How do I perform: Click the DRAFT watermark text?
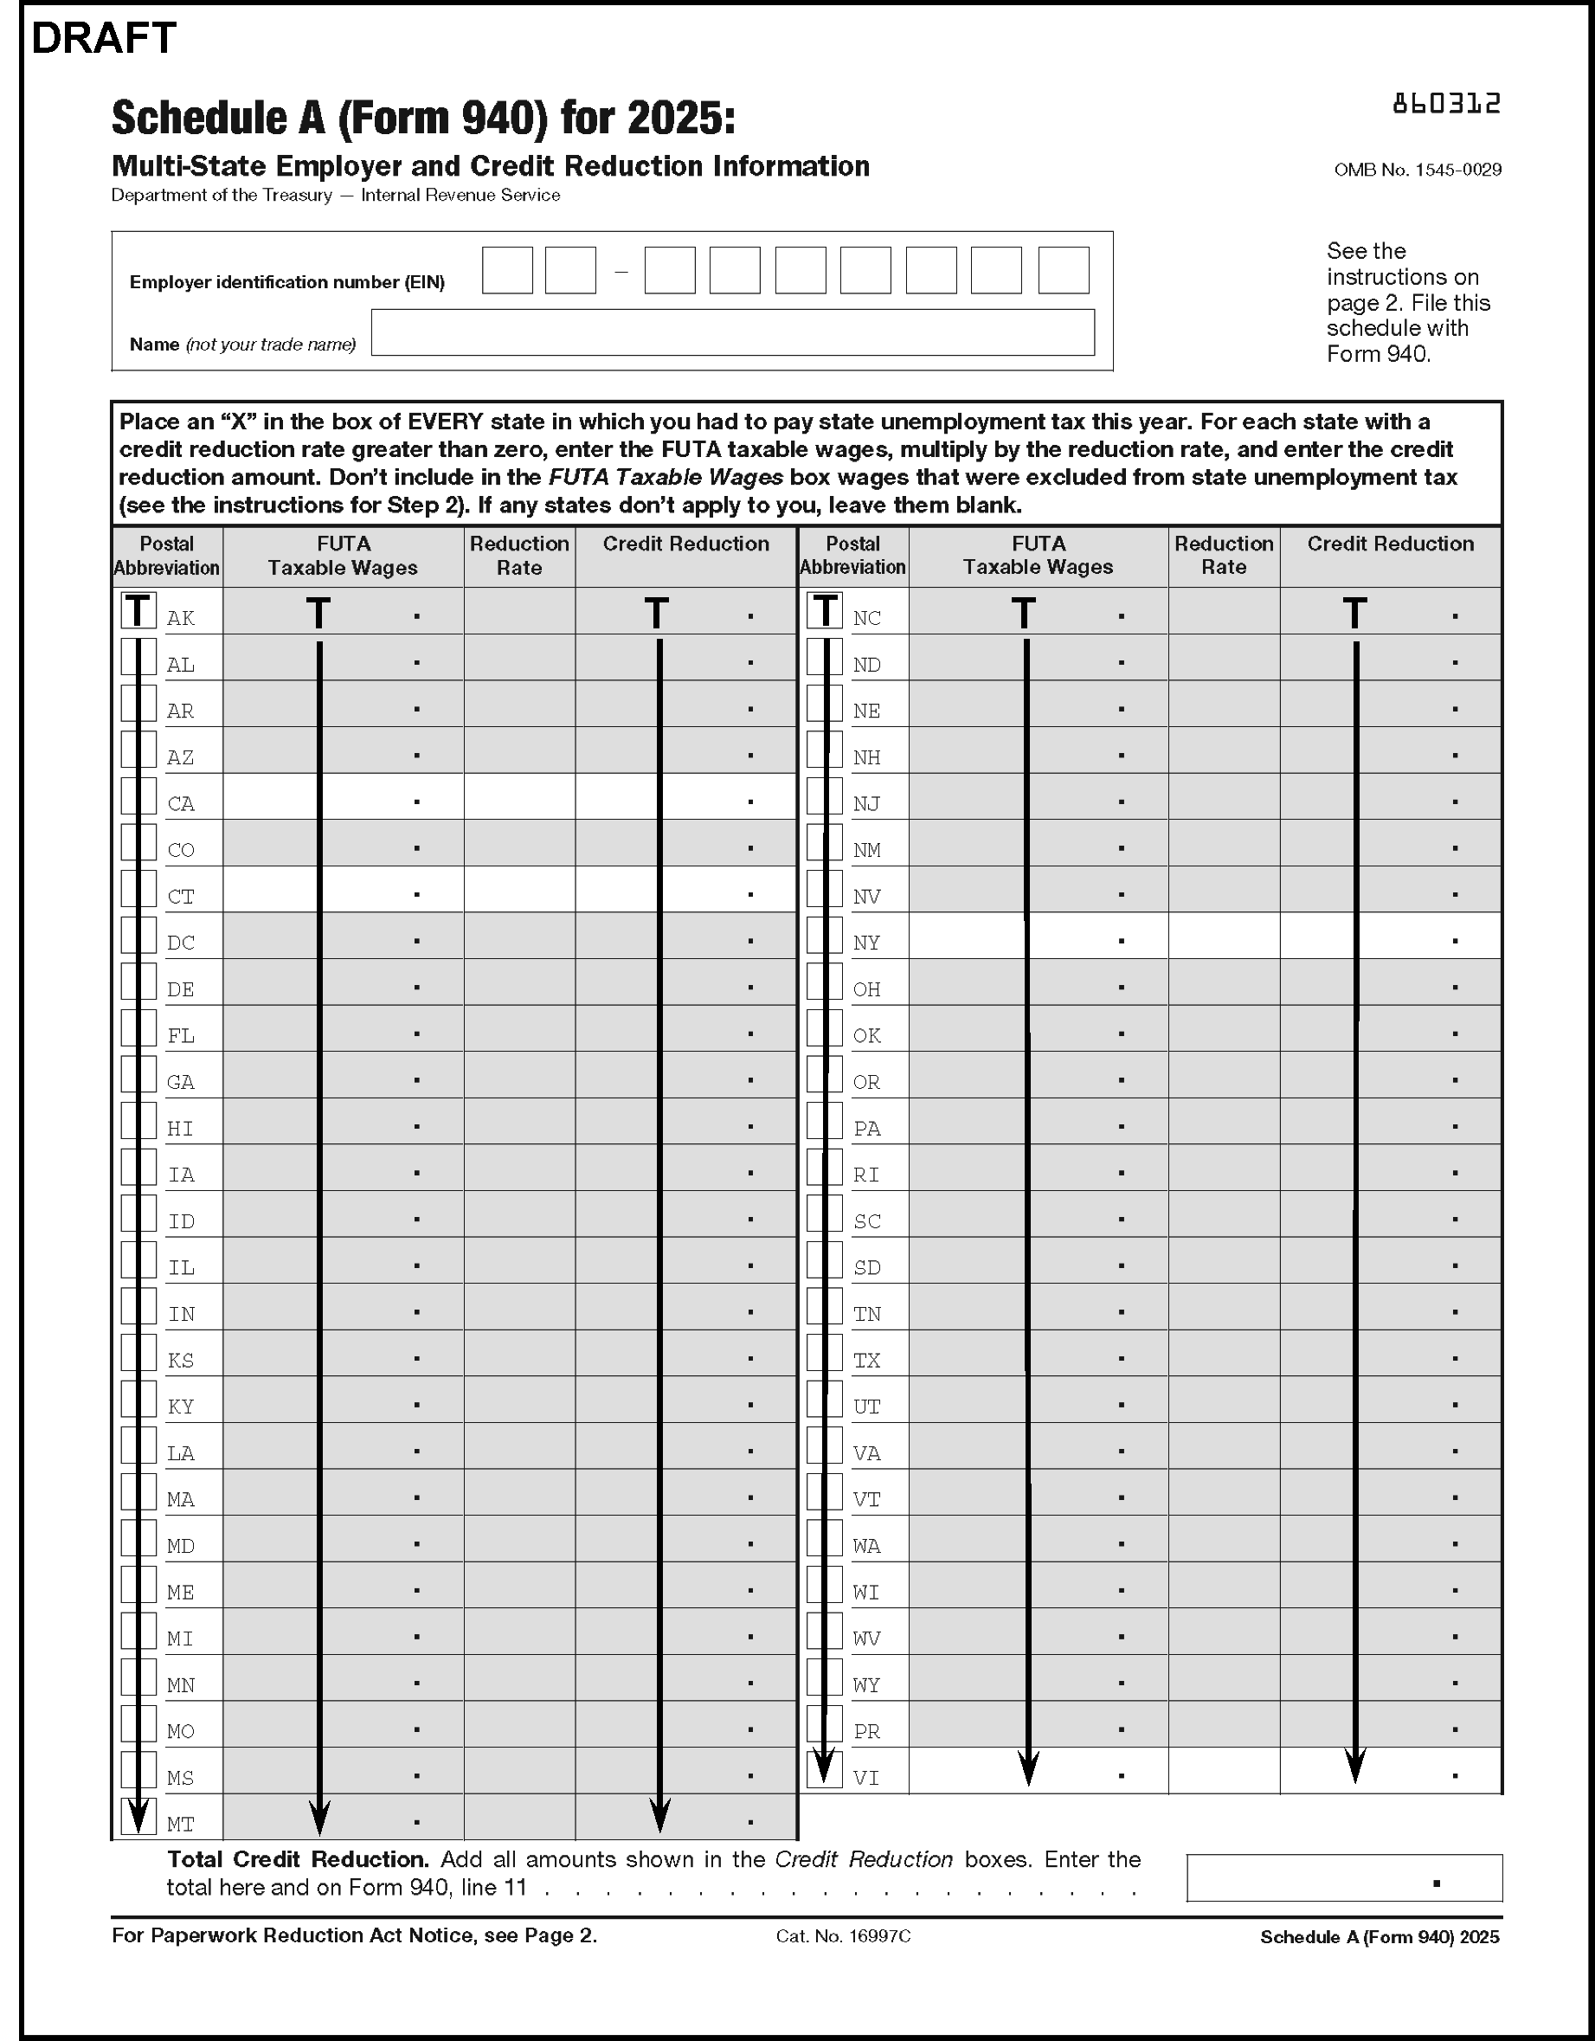click(104, 38)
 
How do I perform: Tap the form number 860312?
click(1445, 104)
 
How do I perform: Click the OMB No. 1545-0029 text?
click(1418, 170)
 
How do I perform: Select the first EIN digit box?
click(507, 271)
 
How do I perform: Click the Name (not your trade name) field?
click(732, 332)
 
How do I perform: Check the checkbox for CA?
click(138, 796)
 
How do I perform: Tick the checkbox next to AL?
click(138, 657)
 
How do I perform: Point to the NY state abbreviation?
click(866, 943)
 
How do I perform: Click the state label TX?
click(866, 1361)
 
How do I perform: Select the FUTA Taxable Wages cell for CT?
click(343, 890)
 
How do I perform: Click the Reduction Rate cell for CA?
click(519, 797)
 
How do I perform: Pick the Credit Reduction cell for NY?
click(1391, 936)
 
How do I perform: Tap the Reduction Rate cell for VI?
click(1223, 1771)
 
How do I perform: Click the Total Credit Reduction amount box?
click(1344, 1878)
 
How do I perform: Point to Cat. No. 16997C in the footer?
click(843, 1936)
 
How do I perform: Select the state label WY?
click(866, 1685)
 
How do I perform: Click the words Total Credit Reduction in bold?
click(297, 1860)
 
